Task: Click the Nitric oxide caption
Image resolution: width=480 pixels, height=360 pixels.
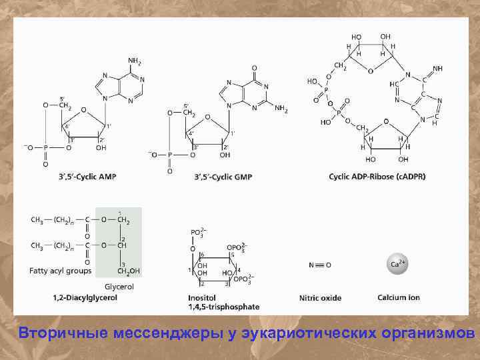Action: (320, 297)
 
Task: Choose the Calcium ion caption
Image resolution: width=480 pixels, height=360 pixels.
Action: (399, 297)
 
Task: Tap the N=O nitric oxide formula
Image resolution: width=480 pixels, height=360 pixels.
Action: (320, 264)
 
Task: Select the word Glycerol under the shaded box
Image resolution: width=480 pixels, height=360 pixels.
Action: (119, 286)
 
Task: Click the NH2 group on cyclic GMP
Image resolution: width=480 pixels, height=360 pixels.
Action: (281, 108)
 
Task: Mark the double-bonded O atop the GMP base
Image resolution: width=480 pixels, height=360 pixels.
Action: (254, 68)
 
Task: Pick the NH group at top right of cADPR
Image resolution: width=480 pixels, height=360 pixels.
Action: (437, 69)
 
